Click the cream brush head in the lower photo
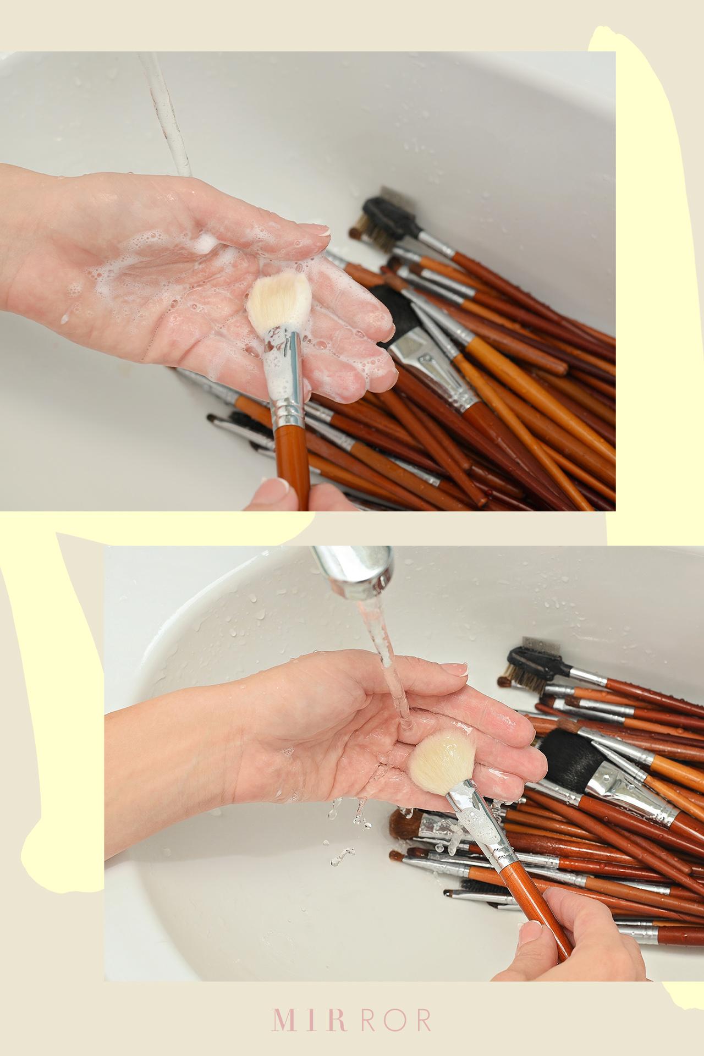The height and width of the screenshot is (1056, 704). tap(441, 762)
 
